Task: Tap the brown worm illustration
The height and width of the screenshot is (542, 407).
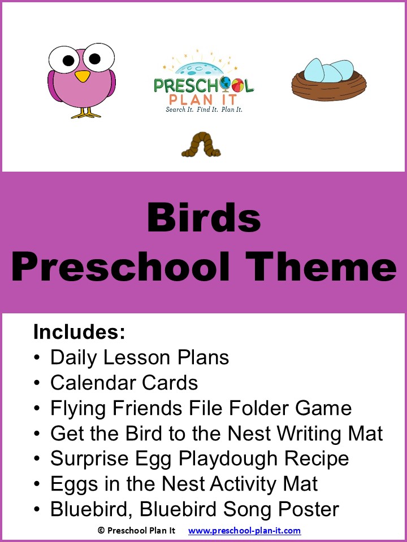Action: (201, 146)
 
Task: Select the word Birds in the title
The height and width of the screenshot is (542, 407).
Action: (203, 218)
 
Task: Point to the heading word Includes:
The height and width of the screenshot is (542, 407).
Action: (79, 332)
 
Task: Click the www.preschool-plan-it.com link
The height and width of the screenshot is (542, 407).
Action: (244, 531)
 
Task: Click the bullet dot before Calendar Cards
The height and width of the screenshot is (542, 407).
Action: (37, 383)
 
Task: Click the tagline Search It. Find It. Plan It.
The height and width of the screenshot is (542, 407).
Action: (203, 110)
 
